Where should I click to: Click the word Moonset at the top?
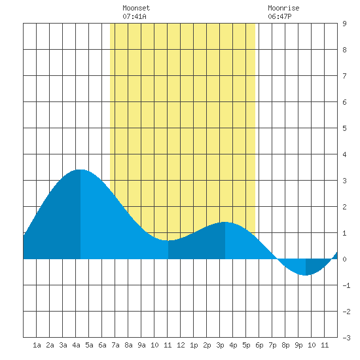click(x=136, y=8)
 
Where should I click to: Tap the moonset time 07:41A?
click(x=134, y=16)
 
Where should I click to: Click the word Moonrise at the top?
click(x=283, y=8)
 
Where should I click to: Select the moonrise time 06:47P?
click(x=279, y=16)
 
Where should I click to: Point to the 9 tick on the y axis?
click(x=344, y=24)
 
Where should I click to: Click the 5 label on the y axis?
click(x=344, y=128)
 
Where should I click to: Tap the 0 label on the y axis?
click(x=344, y=259)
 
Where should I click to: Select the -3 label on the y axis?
click(x=346, y=338)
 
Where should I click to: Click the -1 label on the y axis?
click(x=346, y=285)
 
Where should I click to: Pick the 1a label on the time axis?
click(x=37, y=345)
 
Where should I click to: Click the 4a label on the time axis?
click(x=76, y=345)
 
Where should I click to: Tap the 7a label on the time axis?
click(x=115, y=345)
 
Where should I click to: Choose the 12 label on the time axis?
click(x=181, y=345)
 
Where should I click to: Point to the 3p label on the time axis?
click(x=220, y=345)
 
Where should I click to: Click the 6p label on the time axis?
click(x=259, y=345)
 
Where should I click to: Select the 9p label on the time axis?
click(x=298, y=345)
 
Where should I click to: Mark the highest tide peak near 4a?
click(x=81, y=170)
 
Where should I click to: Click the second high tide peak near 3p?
click(x=225, y=223)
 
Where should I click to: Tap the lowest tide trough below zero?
click(x=306, y=275)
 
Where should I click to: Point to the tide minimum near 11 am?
click(x=168, y=240)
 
